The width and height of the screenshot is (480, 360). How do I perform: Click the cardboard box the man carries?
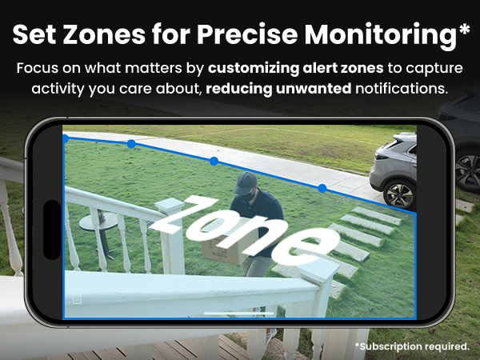tap(219, 247)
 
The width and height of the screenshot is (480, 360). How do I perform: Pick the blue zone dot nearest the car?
tap(322, 189)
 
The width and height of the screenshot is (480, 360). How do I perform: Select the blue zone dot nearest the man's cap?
tap(214, 162)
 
